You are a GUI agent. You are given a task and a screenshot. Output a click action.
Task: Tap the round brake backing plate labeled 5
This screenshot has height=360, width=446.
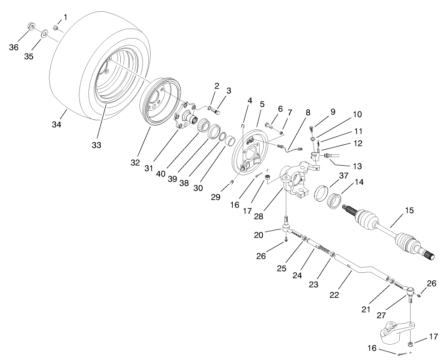[x=252, y=152]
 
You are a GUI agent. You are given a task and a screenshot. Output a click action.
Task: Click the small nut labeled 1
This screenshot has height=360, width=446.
[x=56, y=28]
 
